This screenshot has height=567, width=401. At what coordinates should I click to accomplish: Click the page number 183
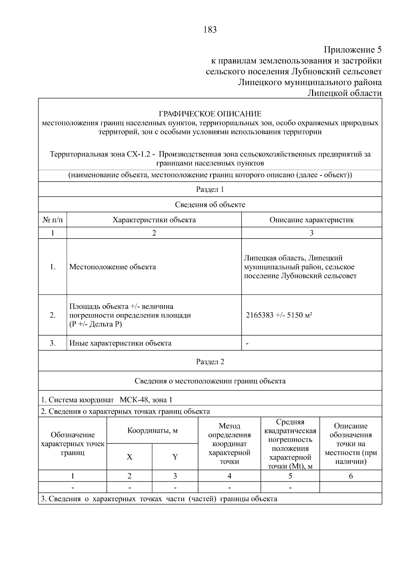pyautogui.click(x=210, y=30)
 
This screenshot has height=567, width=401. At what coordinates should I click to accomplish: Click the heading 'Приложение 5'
pyautogui.click(x=353, y=50)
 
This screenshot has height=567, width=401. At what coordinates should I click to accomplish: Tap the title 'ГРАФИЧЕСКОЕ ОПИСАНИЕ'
pyautogui.click(x=210, y=114)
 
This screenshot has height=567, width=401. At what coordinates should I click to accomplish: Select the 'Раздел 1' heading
pyautogui.click(x=210, y=189)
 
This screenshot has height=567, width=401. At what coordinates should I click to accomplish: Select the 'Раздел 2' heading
pyautogui.click(x=210, y=362)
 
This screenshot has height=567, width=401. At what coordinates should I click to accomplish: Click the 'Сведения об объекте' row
pyautogui.click(x=210, y=204)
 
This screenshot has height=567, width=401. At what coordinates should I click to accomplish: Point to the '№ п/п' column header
pyautogui.click(x=52, y=220)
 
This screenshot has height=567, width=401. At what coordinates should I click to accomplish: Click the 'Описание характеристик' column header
pyautogui.click(x=311, y=220)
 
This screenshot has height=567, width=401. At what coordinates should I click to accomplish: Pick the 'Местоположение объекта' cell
pyautogui.click(x=113, y=267)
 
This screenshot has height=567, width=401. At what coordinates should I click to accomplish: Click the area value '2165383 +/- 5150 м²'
pyautogui.click(x=279, y=315)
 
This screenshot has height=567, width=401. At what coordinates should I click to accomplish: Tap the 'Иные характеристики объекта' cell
pyautogui.click(x=120, y=343)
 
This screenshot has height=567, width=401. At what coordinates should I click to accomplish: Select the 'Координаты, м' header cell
pyautogui.click(x=152, y=430)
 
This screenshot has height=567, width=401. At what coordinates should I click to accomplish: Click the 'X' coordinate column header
pyautogui.click(x=129, y=457)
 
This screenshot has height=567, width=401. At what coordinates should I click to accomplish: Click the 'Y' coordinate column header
pyautogui.click(x=175, y=457)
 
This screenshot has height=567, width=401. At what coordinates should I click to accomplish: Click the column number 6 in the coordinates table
pyautogui.click(x=351, y=476)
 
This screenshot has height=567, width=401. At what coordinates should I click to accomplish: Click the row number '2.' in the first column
pyautogui.click(x=52, y=315)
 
